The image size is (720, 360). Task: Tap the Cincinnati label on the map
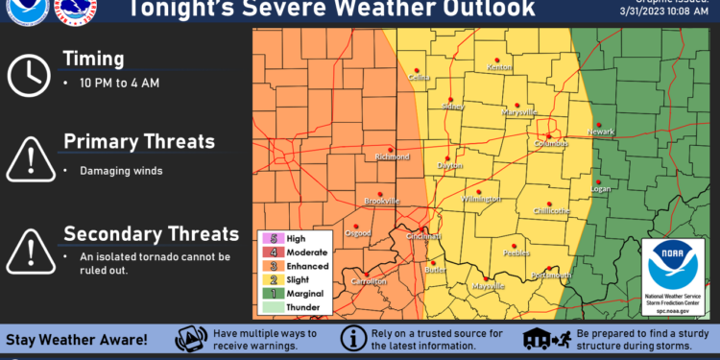[423, 236]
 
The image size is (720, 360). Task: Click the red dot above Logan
[597, 180]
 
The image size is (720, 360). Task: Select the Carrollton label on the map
[368, 281]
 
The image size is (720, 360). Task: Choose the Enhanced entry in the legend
[307, 265]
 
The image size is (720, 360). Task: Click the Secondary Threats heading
[151, 233]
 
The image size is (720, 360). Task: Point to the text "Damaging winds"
[120, 171]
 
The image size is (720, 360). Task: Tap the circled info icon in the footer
[353, 339]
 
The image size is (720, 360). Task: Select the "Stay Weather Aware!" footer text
[79, 340]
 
